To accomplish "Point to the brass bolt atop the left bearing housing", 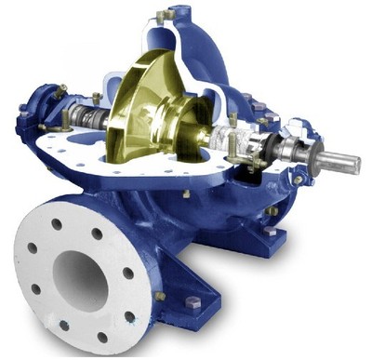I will (60, 90).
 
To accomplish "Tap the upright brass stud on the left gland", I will (97, 97).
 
